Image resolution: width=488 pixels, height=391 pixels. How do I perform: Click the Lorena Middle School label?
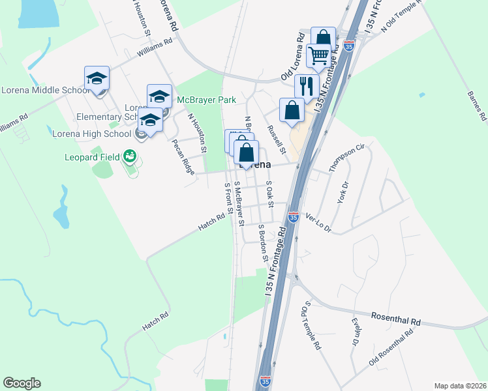[x=46, y=90]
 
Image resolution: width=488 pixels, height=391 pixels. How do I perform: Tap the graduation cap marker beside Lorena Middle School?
[x=97, y=79]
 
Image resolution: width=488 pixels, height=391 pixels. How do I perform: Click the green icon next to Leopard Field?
[x=130, y=156]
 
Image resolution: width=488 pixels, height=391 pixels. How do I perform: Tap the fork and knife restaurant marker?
[x=306, y=86]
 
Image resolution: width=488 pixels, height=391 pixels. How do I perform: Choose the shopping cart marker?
[x=318, y=57]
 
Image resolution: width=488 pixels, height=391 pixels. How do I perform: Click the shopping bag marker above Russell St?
[x=292, y=111]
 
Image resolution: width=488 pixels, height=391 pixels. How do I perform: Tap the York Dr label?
[x=343, y=193]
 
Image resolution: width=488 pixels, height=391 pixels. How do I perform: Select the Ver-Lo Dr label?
[x=318, y=225]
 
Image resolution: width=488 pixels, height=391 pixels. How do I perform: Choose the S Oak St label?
[x=269, y=188]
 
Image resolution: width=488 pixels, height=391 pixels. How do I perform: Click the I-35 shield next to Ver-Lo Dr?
[x=294, y=216]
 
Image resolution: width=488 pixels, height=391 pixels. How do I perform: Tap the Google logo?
[x=22, y=383]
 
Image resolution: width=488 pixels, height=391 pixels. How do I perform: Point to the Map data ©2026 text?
[x=460, y=385]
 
